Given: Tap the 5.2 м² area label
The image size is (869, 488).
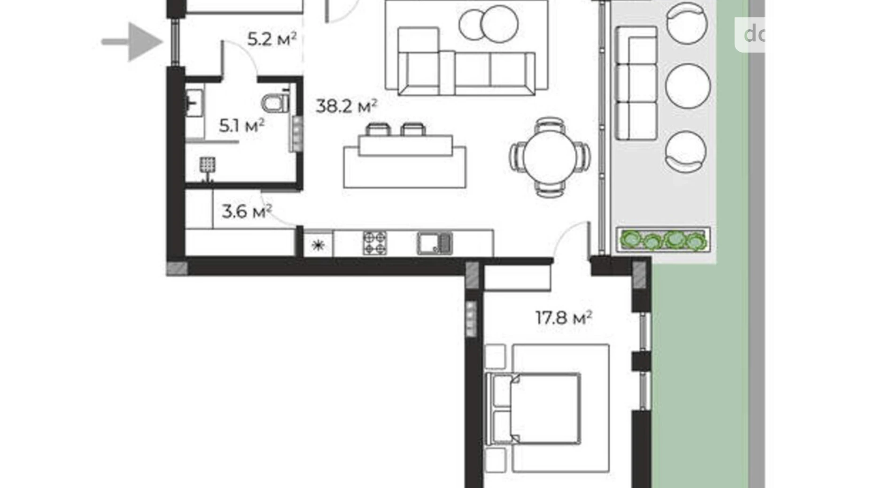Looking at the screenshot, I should tap(272, 39).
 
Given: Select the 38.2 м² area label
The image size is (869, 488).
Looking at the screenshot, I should tap(346, 107).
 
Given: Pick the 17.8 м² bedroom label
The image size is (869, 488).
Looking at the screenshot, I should tap(563, 318).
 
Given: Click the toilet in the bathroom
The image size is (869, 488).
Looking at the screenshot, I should tap(276, 103).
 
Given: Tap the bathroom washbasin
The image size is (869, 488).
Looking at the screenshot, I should tap(194, 103).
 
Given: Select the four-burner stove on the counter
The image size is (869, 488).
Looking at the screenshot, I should tap(375, 243).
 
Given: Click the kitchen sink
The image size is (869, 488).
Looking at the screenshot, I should tap(434, 243).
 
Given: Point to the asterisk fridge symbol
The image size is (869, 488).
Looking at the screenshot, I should tap(318, 244).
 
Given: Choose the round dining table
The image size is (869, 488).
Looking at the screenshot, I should tap(550, 156).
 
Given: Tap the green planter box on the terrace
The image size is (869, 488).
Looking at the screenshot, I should tap(663, 240).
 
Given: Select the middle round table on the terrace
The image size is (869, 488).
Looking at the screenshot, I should tap(688, 86).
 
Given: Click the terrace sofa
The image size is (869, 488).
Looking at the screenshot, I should tap(636, 83).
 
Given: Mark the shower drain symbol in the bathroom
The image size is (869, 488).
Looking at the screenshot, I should tap(207, 166).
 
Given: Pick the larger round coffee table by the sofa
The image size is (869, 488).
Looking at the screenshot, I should tap(499, 24).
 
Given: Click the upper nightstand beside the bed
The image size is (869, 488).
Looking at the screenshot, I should tap(495, 357).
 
